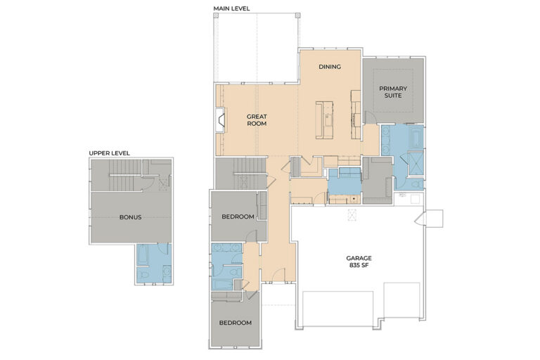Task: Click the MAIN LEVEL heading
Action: click(231, 8)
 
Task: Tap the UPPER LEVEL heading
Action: click(109, 153)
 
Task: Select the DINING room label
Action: click(329, 67)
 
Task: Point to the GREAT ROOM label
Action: click(257, 120)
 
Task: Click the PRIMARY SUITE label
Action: click(392, 92)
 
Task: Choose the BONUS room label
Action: click(130, 217)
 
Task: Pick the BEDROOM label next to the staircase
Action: click(238, 217)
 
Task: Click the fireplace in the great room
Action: click(221, 120)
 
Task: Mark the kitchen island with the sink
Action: click(328, 119)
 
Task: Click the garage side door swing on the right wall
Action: click(432, 219)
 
